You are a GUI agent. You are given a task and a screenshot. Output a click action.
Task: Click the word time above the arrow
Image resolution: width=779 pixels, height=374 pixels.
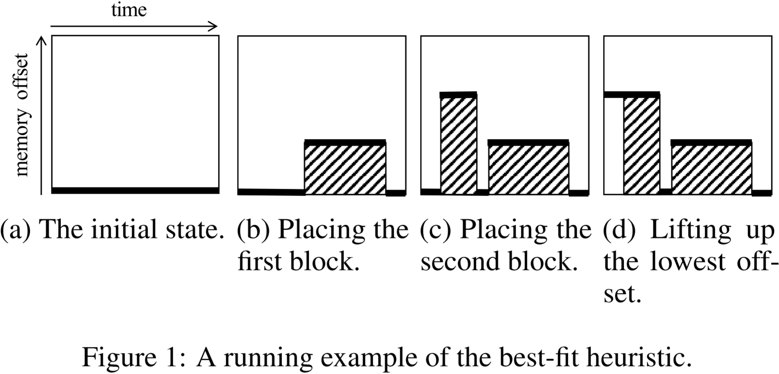[129, 10]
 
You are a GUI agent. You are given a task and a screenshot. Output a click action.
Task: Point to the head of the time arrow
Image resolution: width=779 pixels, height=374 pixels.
[214, 26]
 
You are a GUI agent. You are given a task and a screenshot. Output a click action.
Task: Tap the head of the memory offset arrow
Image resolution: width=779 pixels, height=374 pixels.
[41, 39]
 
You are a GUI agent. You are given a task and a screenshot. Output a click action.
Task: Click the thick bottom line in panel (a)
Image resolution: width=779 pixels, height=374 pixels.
[135, 190]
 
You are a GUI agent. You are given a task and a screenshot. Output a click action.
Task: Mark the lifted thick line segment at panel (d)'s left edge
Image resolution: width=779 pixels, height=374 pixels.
[613, 95]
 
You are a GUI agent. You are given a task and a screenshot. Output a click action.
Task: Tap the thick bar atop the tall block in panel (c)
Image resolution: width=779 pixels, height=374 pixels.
[458, 95]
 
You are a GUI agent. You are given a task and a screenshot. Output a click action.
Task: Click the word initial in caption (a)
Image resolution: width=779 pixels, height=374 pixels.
[124, 230]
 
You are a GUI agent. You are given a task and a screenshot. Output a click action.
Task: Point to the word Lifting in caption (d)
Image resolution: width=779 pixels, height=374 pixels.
[690, 230]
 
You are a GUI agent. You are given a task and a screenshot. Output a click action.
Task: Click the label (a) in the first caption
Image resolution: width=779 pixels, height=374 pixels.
[15, 230]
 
